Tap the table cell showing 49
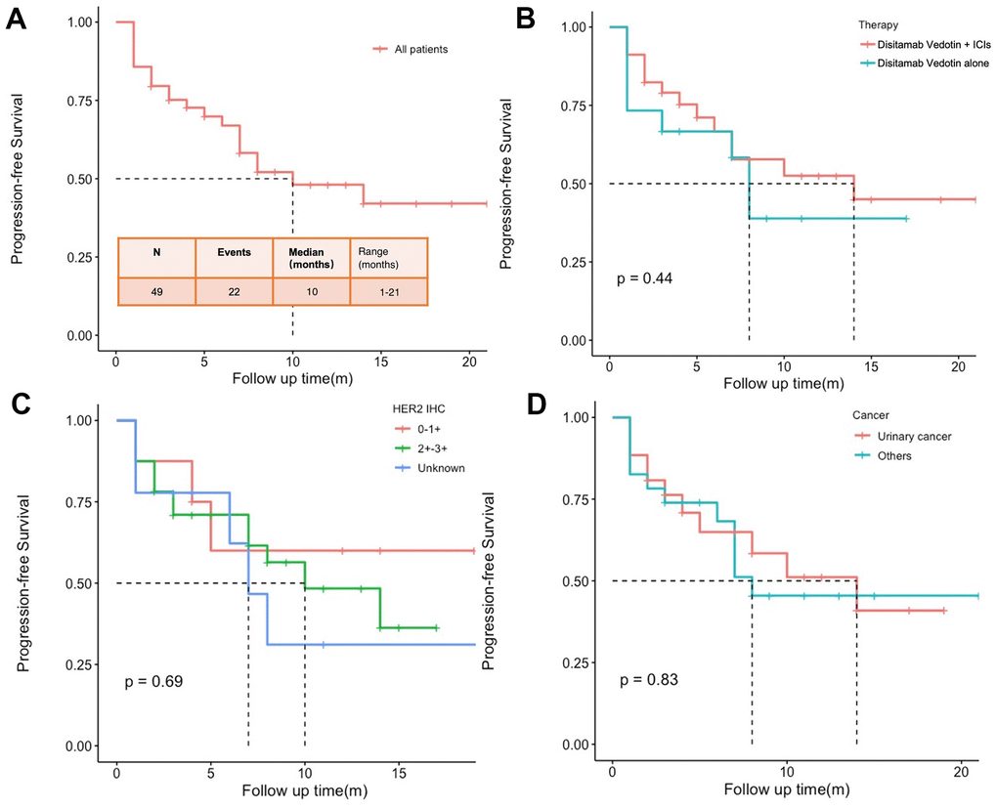point(156,291)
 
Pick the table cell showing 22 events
point(234,291)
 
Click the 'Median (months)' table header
point(310,257)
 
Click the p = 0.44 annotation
point(645,279)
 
